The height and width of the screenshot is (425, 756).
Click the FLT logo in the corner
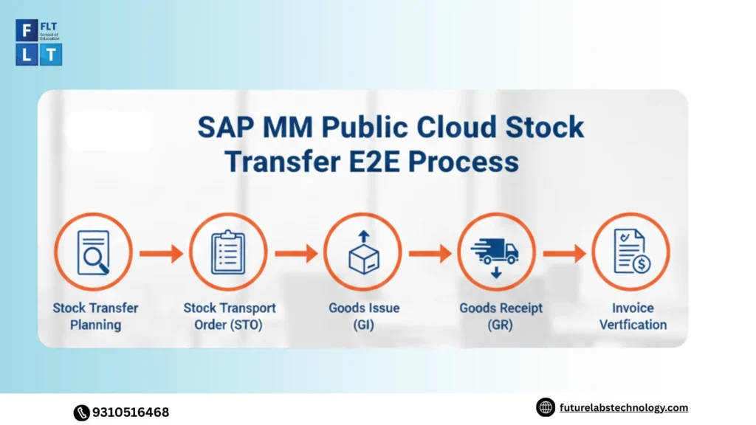38,43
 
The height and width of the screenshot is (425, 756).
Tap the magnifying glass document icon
93,252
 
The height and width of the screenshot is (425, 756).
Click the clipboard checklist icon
227,252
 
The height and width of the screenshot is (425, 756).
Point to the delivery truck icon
496,252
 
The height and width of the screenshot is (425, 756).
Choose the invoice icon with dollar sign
630,252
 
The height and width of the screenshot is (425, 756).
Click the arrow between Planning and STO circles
161,253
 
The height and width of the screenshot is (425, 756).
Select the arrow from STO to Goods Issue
295,253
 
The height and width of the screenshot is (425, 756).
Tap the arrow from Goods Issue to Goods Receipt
430,253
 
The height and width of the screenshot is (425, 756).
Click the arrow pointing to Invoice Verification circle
564,253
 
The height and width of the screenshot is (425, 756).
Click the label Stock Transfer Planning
95,316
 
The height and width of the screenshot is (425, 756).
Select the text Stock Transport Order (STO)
230,316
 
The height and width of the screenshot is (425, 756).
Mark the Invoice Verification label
633,316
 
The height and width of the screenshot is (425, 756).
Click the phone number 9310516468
130,412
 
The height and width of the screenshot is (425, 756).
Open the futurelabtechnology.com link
623,407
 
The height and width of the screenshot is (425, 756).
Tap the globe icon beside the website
546,407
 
